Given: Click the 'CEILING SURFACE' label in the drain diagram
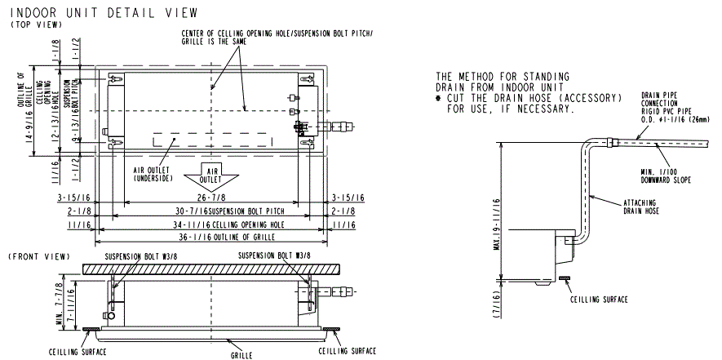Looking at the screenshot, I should point(597,300).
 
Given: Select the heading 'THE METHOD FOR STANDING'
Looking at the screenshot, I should point(503,76).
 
